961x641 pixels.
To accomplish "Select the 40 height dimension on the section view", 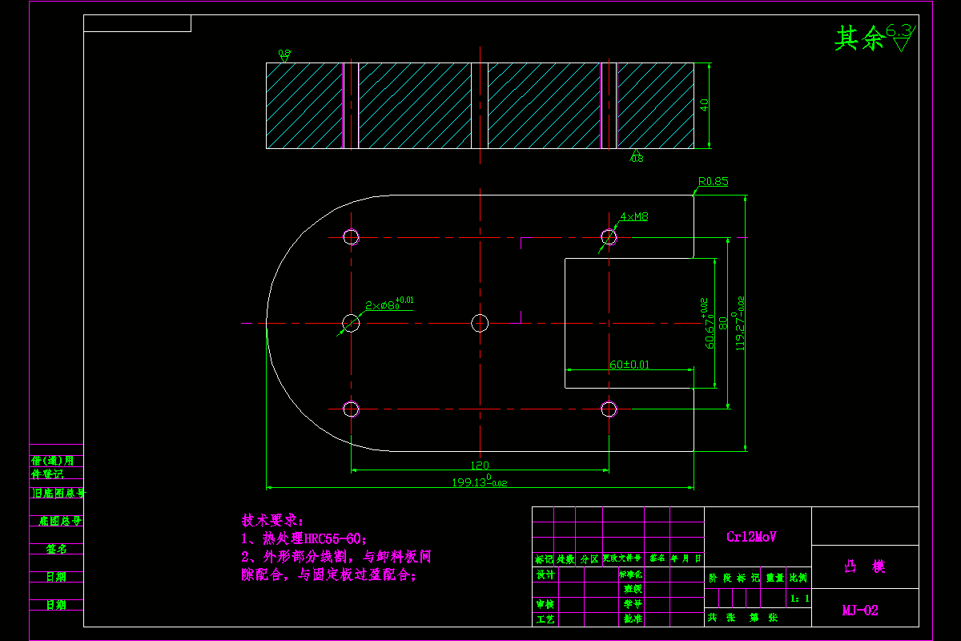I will click(704, 106).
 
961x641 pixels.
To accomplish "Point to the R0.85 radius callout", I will click(713, 182).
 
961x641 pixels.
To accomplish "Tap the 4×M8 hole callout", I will click(634, 216).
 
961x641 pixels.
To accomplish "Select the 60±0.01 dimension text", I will click(629, 365).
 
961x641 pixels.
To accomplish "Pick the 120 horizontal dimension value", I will click(479, 465).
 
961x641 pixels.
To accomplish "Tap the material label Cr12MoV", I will click(751, 537).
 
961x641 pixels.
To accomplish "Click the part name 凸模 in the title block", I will click(865, 566).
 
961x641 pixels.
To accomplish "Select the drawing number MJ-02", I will click(860, 611).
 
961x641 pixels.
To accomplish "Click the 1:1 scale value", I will click(799, 598).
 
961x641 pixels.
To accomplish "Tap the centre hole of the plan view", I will click(480, 323).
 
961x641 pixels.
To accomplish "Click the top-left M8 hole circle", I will click(351, 236).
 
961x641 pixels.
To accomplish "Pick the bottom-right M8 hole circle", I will click(609, 409).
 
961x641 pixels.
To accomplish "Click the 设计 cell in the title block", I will click(545, 574).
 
